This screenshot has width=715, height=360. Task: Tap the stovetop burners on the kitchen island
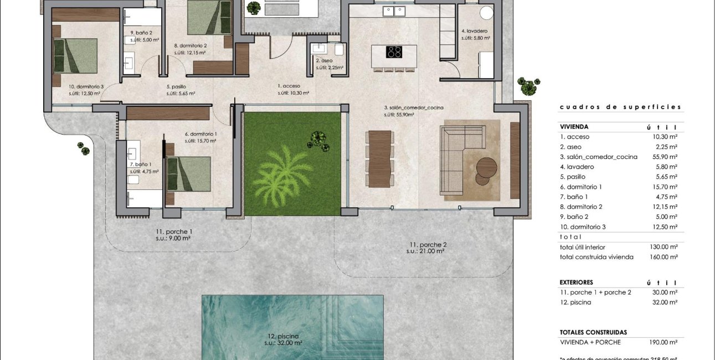click(394, 52)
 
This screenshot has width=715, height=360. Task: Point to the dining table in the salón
click(380, 158)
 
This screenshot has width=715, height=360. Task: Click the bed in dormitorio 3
click(75, 55)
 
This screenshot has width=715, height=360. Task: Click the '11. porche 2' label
click(428, 244)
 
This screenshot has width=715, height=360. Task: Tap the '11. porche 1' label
click(173, 232)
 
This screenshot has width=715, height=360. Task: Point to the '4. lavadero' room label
click(474, 31)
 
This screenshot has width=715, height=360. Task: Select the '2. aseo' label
click(324, 60)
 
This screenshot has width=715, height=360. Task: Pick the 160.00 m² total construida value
click(665, 257)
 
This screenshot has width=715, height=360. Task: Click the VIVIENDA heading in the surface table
click(574, 127)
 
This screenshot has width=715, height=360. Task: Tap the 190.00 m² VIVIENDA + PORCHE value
click(665, 342)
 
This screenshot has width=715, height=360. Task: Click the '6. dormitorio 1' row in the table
click(581, 187)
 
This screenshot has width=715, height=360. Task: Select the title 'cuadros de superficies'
click(620, 107)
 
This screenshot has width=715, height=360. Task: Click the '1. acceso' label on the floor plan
click(289, 86)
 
